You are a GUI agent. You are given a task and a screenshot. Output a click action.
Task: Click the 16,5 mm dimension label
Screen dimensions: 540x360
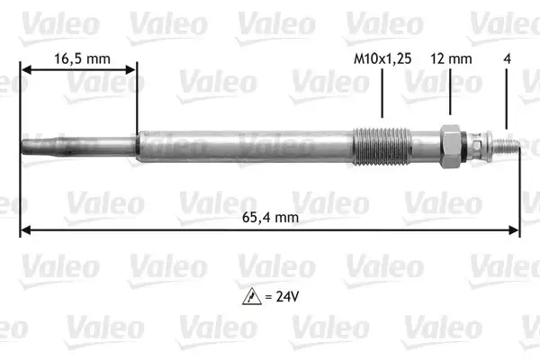pyautogui.click(x=82, y=58)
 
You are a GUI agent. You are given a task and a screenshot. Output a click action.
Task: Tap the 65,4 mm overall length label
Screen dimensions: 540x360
pyautogui.click(x=270, y=218)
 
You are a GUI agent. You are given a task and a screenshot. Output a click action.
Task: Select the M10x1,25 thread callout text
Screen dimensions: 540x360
pyautogui.click(x=382, y=58)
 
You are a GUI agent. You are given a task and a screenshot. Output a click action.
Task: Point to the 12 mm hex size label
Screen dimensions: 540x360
pyautogui.click(x=451, y=58)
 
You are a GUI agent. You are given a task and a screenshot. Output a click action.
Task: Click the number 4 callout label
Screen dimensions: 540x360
pyautogui.click(x=507, y=58)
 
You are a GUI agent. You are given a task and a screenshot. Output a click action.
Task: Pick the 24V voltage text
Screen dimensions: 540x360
pyautogui.click(x=288, y=296)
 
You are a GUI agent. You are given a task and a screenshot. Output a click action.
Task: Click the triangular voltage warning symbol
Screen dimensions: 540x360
pyautogui.click(x=252, y=296)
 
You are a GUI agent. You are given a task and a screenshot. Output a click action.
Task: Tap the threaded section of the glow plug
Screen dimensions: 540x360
pyautogui.click(x=382, y=147)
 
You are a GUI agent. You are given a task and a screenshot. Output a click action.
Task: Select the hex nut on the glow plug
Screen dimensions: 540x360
pyautogui.click(x=450, y=147)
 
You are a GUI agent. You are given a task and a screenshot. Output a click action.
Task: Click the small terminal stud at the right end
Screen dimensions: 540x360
pyautogui.click(x=506, y=146)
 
